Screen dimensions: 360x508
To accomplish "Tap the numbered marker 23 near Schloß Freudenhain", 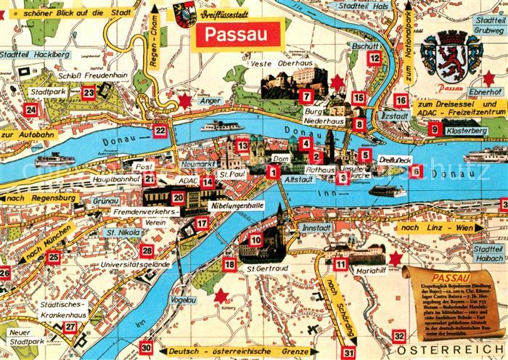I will pos(89,92).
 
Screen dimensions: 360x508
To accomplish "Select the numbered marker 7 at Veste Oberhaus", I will pos(306,97).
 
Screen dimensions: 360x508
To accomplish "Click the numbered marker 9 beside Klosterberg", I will pos(435,129).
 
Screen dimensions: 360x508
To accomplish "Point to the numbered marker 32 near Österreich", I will pos(398,336).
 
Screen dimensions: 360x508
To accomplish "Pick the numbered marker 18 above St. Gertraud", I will pos(229,265).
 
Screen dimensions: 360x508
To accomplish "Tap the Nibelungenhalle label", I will pos(236,205).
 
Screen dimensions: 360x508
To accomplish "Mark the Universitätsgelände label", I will pos(136,265).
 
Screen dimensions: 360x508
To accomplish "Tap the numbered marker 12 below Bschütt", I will pos(373,58).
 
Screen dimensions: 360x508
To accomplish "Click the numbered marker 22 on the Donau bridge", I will pos(160,131).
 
